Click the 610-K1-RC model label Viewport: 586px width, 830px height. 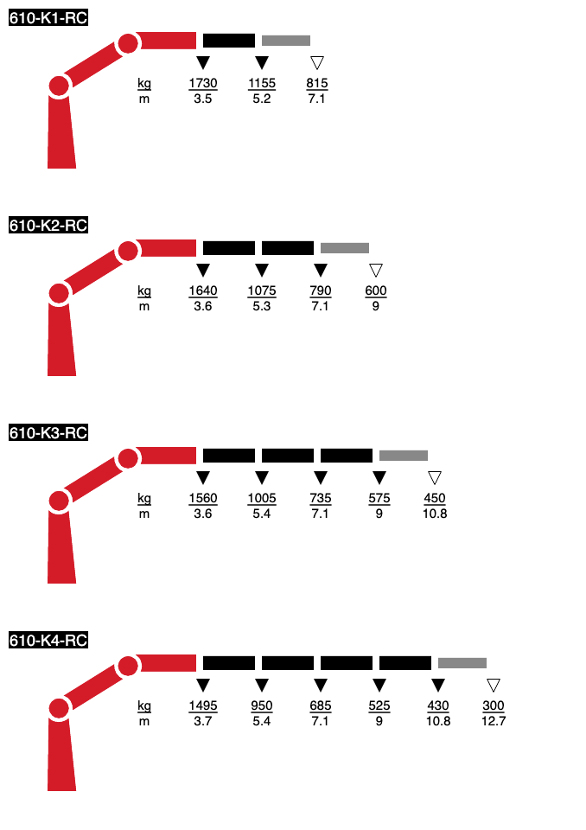click(x=48, y=18)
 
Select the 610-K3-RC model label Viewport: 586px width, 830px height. click(x=48, y=433)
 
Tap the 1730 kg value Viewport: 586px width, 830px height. click(x=203, y=83)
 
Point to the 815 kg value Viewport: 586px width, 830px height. click(x=317, y=83)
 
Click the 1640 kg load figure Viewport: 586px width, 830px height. click(x=203, y=290)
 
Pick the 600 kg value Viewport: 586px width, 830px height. click(x=376, y=290)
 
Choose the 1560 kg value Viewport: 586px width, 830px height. click(x=203, y=498)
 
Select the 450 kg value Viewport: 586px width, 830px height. click(x=435, y=498)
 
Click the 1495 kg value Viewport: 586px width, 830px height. click(x=203, y=705)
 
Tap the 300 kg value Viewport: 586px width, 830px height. click(x=494, y=705)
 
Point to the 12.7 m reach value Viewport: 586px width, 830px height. click(x=494, y=721)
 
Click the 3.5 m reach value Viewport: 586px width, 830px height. click(x=203, y=99)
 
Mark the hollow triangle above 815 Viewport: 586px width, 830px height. click(x=317, y=62)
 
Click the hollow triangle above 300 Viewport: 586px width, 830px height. click(x=494, y=685)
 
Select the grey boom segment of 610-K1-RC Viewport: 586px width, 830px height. click(x=286, y=41)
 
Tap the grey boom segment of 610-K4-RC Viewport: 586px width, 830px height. click(x=462, y=663)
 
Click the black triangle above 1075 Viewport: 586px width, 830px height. click(x=262, y=270)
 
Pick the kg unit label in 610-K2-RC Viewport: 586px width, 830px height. click(x=144, y=291)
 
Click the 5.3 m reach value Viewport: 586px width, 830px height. click(x=262, y=306)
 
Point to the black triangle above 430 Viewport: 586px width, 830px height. click(x=438, y=685)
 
